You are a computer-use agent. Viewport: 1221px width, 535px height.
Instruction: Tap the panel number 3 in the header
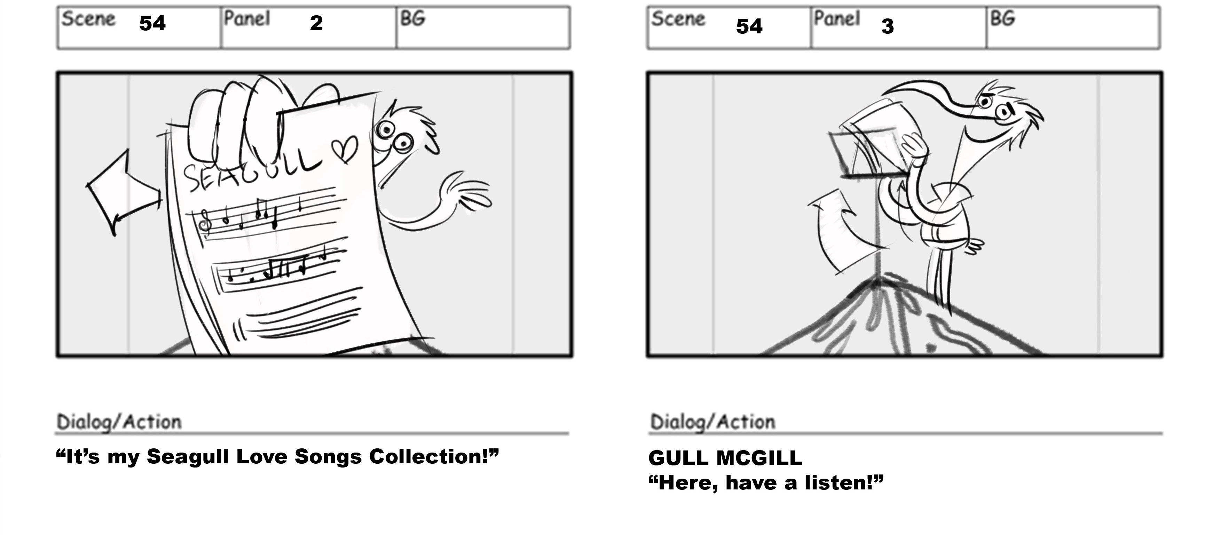pyautogui.click(x=887, y=26)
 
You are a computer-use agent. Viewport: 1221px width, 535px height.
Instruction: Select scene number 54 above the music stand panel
pyautogui.click(x=749, y=26)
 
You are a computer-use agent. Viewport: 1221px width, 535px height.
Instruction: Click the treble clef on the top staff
pyautogui.click(x=206, y=223)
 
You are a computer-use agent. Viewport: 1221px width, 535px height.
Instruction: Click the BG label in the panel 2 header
pyautogui.click(x=412, y=18)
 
